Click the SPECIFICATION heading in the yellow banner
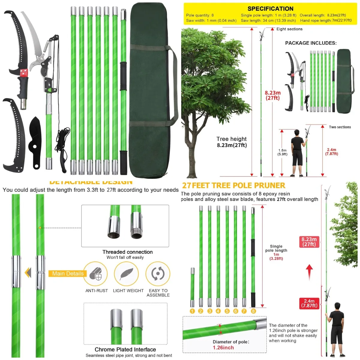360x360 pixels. (x=270, y=9)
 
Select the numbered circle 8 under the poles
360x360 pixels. (x=253, y=311)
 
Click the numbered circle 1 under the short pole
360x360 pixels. (x=192, y=311)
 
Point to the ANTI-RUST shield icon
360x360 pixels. (x=96, y=273)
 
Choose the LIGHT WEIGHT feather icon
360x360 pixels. (x=126, y=273)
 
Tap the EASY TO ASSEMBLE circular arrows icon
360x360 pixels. (x=158, y=273)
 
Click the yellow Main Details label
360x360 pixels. (x=68, y=274)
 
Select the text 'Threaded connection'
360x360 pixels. (x=127, y=252)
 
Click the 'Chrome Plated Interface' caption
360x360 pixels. (x=125, y=349)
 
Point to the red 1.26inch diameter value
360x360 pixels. (x=223, y=347)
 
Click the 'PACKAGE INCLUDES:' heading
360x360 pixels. (x=311, y=43)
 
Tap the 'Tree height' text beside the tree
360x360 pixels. (x=231, y=139)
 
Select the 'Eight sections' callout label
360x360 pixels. (x=289, y=29)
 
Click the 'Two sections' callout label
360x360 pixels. (x=340, y=127)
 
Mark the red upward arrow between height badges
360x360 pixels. (x=309, y=271)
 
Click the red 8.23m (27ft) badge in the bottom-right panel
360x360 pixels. (x=309, y=242)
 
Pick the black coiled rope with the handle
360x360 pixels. (x=62, y=147)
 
